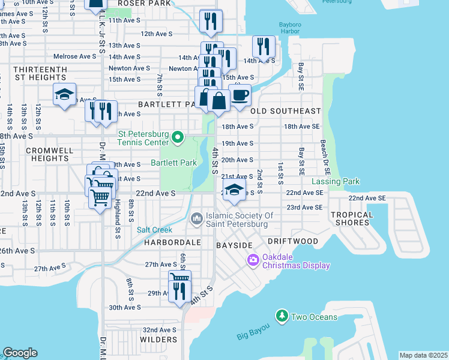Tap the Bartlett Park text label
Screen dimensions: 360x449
point(173,163)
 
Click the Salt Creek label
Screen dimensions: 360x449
point(154,230)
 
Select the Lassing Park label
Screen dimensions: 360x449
point(336,181)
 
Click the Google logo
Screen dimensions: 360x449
point(20,353)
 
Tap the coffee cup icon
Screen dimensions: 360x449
point(240,94)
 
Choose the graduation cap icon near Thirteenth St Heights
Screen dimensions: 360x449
point(64,94)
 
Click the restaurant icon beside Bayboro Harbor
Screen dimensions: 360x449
point(264,46)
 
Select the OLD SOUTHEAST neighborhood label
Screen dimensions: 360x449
point(286,111)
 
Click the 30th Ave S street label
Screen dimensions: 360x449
point(124,307)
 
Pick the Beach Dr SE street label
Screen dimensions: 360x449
point(323,154)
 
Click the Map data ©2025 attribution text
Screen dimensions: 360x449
point(424,355)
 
